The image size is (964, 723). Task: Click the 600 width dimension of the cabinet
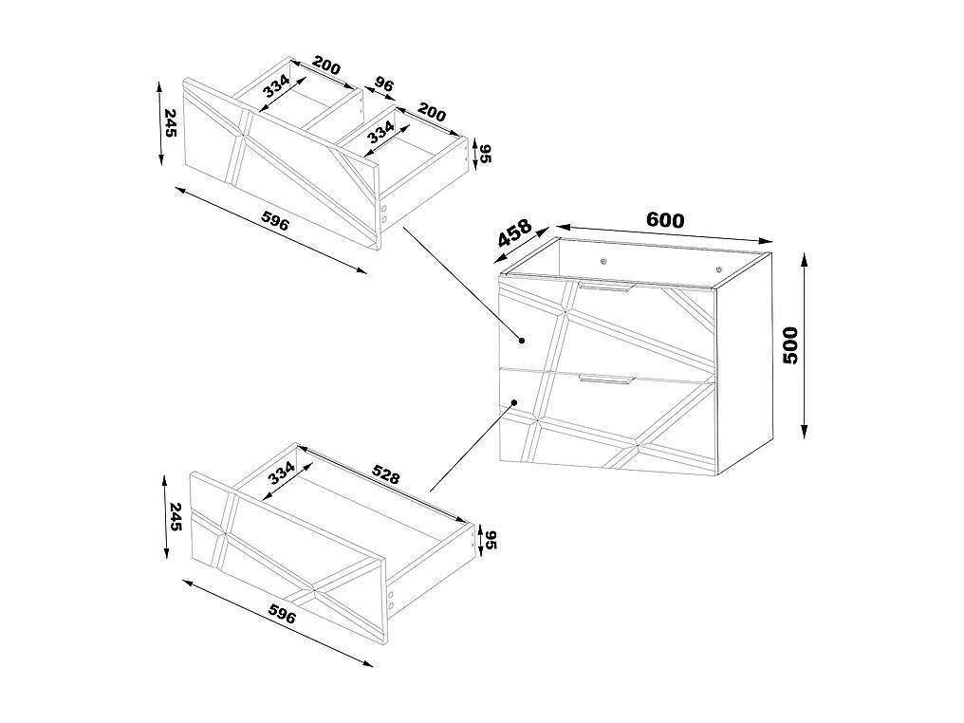[x=664, y=219]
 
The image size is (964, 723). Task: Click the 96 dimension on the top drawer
[x=383, y=85]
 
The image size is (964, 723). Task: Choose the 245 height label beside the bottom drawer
[x=173, y=517]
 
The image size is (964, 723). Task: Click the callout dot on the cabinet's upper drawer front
[x=522, y=339]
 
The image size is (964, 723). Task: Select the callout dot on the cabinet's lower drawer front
[x=513, y=402]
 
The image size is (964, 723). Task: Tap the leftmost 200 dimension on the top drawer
[x=324, y=67]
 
